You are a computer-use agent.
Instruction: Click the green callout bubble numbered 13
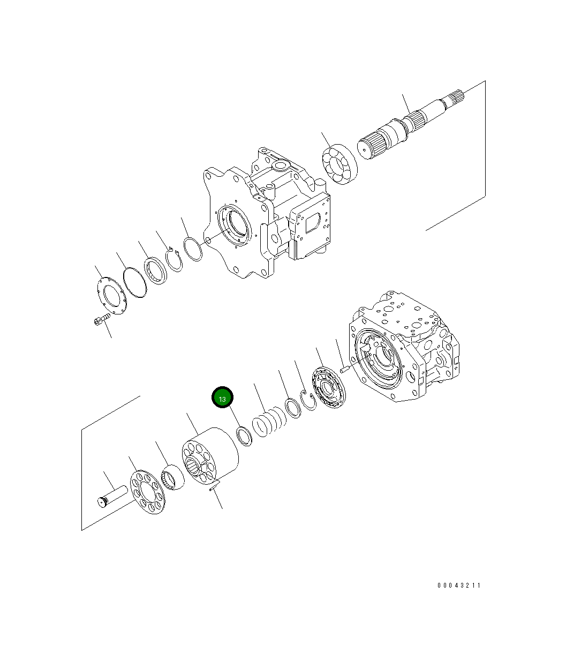click(222, 397)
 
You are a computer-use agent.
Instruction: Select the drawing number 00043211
click(459, 586)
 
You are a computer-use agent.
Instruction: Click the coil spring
click(269, 423)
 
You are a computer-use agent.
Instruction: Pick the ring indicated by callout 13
click(244, 435)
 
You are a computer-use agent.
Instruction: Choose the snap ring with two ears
click(173, 260)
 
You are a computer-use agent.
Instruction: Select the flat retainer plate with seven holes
click(148, 491)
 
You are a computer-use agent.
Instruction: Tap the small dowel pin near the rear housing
click(345, 369)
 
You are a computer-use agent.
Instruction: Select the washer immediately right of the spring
click(293, 408)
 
